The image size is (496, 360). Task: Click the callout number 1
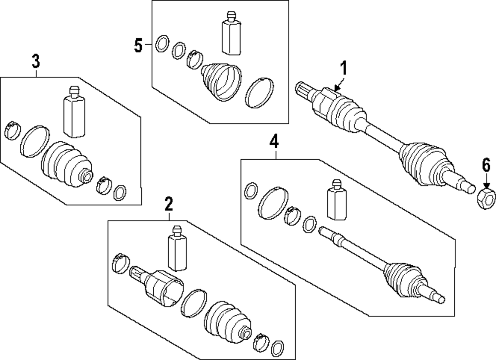click(344, 69)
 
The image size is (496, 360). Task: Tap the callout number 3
click(36, 60)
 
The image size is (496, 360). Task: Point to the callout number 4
click(274, 141)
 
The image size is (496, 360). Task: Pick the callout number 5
click(138, 46)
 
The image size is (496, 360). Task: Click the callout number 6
click(486, 166)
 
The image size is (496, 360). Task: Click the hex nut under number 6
click(486, 199)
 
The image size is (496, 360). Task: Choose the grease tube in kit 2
click(177, 248)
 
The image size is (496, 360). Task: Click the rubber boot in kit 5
click(221, 82)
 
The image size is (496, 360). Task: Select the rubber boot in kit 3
click(67, 165)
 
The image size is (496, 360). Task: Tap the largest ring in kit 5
click(259, 92)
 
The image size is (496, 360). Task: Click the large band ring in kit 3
click(35, 141)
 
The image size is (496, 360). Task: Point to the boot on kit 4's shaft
click(403, 280)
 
